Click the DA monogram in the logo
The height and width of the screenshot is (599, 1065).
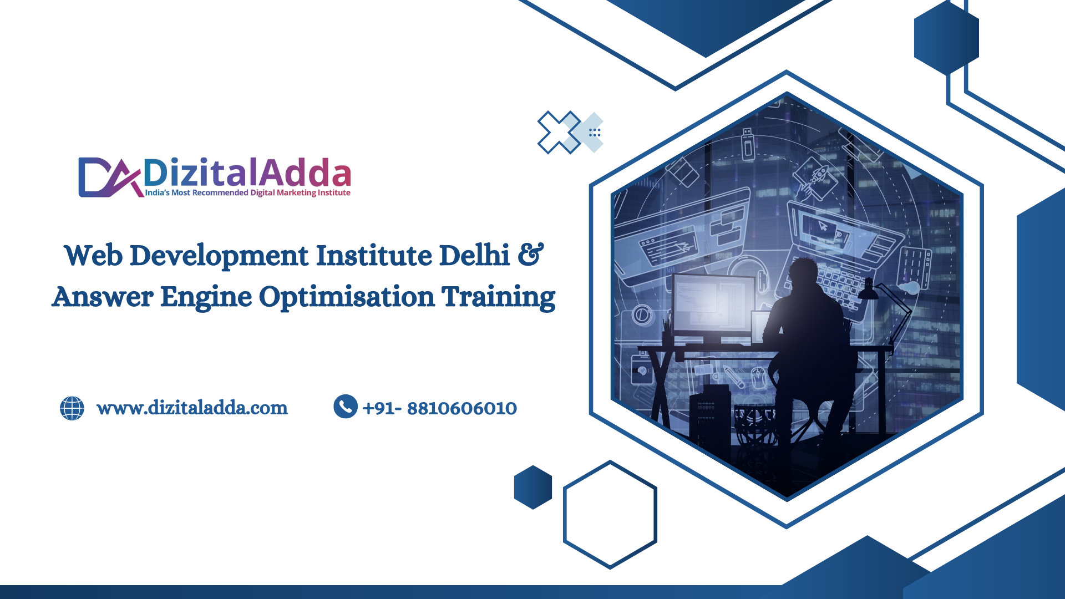[x=110, y=177]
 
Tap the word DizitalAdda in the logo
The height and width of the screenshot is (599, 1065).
[x=247, y=172]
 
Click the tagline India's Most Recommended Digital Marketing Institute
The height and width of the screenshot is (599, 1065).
[x=247, y=193]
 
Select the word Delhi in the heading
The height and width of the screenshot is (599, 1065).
[x=474, y=255]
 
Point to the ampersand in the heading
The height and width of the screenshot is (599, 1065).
[x=531, y=255]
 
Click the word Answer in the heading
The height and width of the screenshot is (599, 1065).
[x=103, y=297]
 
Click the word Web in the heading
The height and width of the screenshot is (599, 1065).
[x=93, y=256]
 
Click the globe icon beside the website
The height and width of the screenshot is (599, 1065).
[x=72, y=408]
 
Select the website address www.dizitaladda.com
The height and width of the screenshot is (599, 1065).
[x=192, y=408]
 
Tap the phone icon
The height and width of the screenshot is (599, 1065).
[x=346, y=407]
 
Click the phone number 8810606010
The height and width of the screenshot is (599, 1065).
[x=462, y=409]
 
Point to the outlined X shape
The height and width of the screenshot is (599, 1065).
[x=559, y=132]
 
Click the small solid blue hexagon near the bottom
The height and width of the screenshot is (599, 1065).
[x=533, y=487]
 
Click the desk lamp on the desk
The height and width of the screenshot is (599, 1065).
[x=885, y=311]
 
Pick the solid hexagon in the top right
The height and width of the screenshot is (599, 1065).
[x=946, y=38]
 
